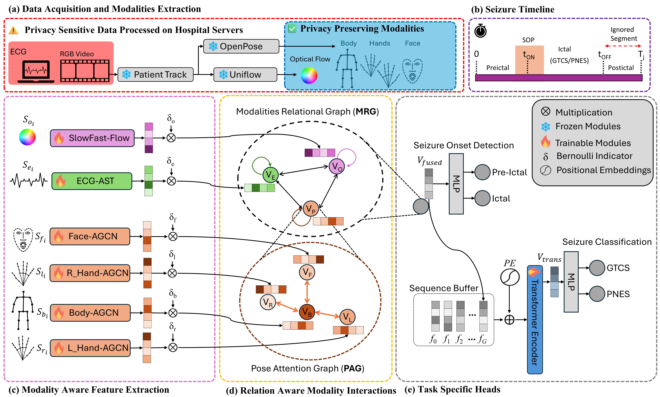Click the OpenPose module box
pyautogui.click(x=241, y=46)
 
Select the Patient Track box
pyautogui.click(x=155, y=74)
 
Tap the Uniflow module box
pyautogui.click(x=245, y=74)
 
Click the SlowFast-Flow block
pyautogui.click(x=92, y=138)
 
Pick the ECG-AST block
pyautogui.click(x=92, y=181)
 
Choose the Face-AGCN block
pyautogui.click(x=90, y=237)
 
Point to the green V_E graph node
pyautogui.click(x=271, y=175)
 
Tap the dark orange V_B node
pyautogui.click(x=307, y=312)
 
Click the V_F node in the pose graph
pyautogui.click(x=307, y=272)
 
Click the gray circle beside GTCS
pyautogui.click(x=597, y=268)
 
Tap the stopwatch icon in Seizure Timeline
pyautogui.click(x=481, y=31)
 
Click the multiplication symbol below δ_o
pyautogui.click(x=171, y=138)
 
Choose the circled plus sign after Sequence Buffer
pyautogui.click(x=509, y=320)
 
